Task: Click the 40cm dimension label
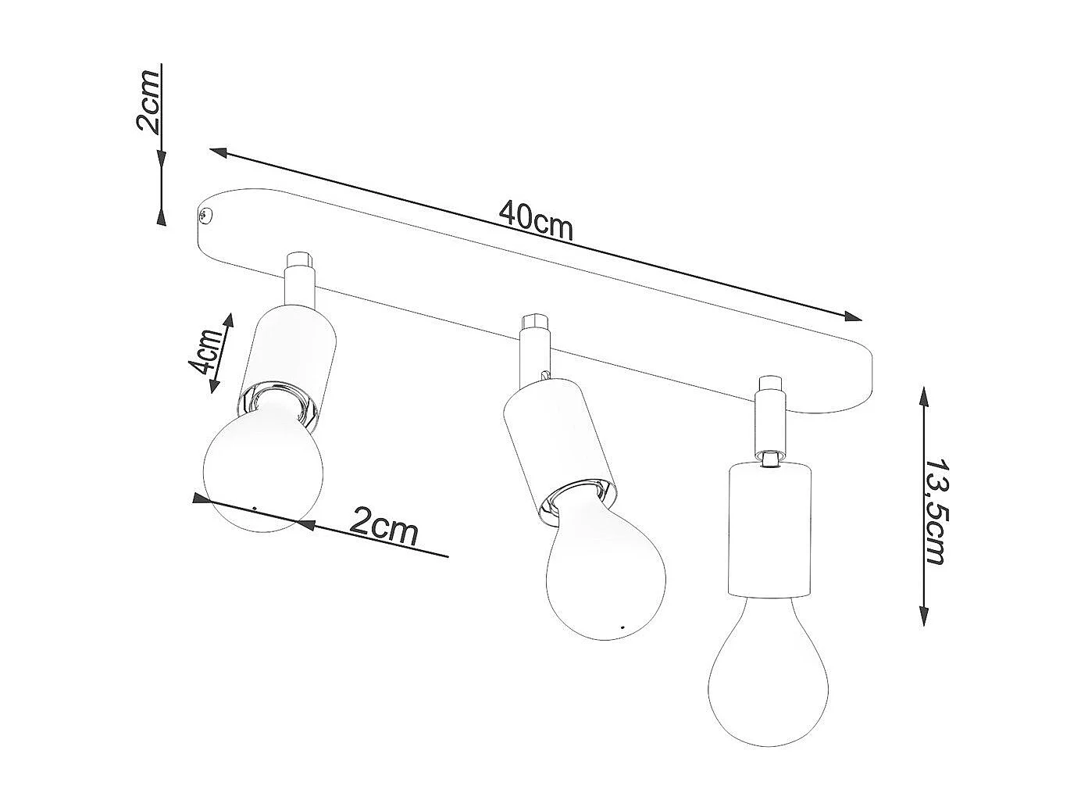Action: pyautogui.click(x=537, y=221)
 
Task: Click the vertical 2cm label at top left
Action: pyautogui.click(x=148, y=101)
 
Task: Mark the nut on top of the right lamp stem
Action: pyautogui.click(x=769, y=384)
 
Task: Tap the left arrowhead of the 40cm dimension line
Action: pyautogui.click(x=218, y=152)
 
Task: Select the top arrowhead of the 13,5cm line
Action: pyautogui.click(x=924, y=397)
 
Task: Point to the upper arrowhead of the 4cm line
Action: pyautogui.click(x=229, y=322)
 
